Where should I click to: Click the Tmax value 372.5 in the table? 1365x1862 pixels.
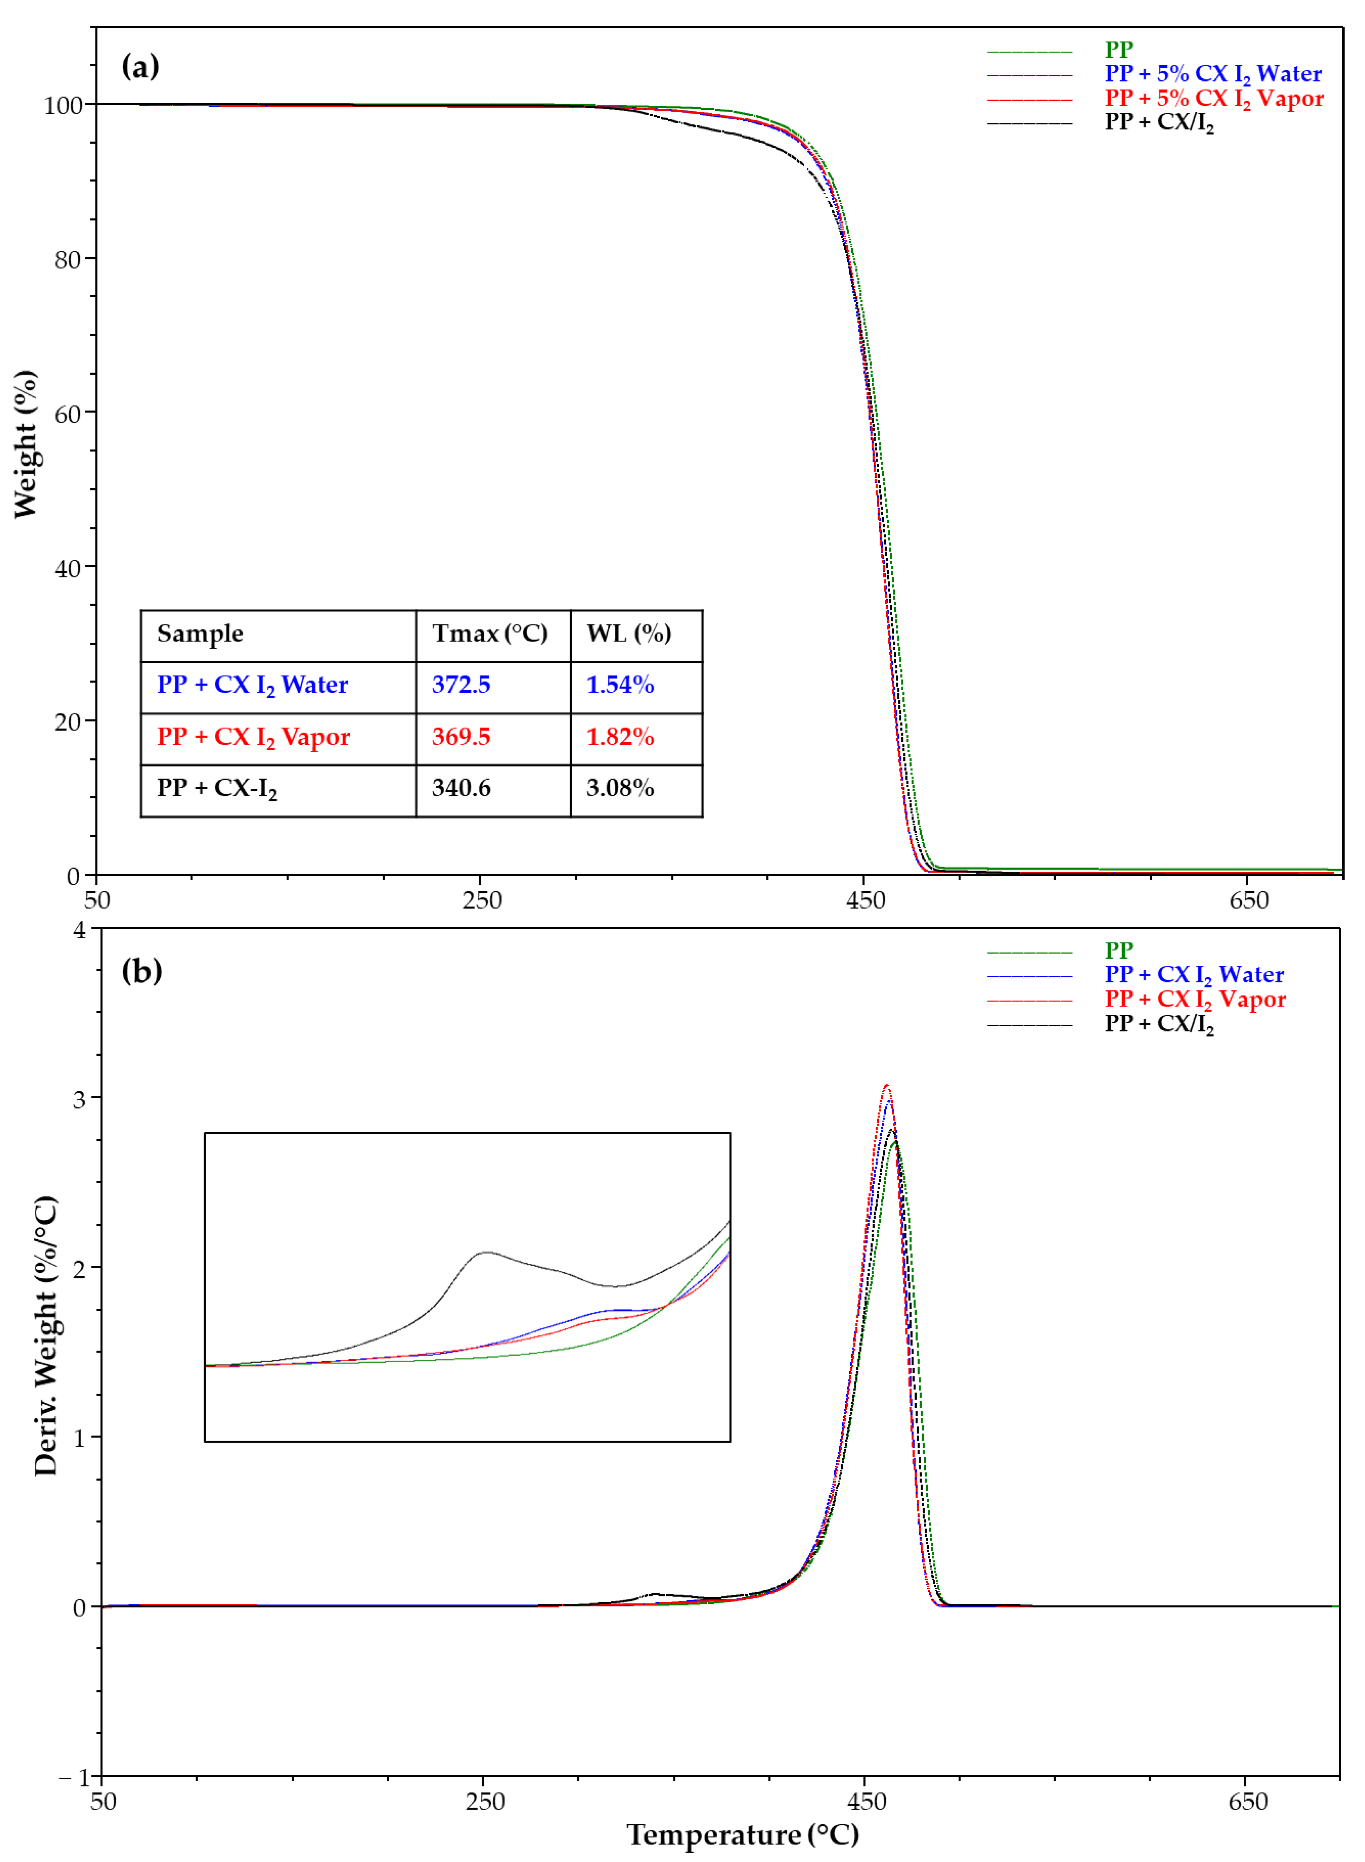[x=461, y=685]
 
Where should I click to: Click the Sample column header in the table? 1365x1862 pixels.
[x=200, y=634]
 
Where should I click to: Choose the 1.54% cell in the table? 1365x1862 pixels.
[x=620, y=685]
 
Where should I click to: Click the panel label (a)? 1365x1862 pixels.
[x=140, y=66]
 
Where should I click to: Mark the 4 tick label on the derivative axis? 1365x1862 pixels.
[x=80, y=931]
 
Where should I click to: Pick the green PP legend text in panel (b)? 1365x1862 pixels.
[x=1119, y=951]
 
